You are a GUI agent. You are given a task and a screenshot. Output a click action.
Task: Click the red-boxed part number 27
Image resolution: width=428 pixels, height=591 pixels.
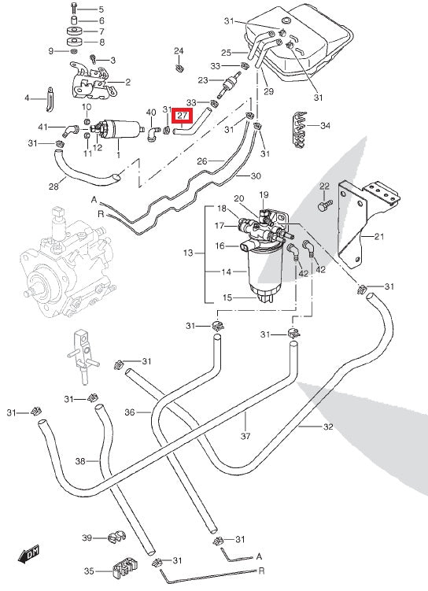tap(183, 116)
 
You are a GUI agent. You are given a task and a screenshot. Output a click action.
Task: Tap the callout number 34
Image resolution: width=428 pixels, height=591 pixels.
tap(325, 125)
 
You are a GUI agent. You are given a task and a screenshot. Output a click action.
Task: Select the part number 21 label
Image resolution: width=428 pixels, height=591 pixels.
tap(379, 237)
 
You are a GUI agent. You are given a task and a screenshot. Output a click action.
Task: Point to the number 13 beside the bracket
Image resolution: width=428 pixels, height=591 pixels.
tap(188, 253)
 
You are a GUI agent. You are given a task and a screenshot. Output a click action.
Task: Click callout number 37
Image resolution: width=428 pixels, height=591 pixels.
tap(245, 436)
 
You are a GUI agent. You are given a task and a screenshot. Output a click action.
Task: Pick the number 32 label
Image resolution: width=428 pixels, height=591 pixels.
tap(328, 427)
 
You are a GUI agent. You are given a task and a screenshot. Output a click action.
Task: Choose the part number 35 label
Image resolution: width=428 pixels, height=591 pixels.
tap(89, 571)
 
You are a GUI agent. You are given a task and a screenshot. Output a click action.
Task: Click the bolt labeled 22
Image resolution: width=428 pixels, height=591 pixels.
tap(325, 205)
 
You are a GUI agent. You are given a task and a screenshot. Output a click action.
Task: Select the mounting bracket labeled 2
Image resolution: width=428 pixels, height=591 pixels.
tap(91, 83)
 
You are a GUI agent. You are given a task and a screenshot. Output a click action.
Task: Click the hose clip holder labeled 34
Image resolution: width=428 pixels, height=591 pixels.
tap(300, 130)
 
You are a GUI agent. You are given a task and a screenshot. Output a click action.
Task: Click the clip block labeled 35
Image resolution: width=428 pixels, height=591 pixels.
tap(125, 567)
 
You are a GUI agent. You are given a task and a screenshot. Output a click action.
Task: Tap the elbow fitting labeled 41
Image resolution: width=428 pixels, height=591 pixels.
tap(71, 130)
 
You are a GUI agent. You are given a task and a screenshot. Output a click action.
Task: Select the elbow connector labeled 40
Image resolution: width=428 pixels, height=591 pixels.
tap(153, 134)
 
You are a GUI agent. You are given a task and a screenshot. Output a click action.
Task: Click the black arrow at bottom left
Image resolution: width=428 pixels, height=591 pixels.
tap(28, 555)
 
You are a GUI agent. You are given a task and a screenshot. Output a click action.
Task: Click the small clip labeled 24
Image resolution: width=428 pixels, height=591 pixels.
tap(179, 68)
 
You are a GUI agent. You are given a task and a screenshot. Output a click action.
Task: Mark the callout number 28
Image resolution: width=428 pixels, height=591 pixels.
tap(53, 187)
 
